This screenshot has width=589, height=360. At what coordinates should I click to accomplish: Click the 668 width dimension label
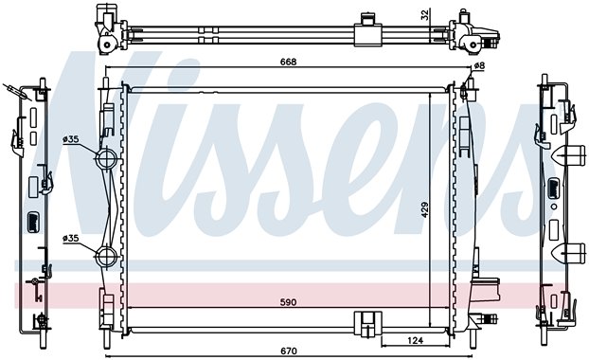[x=288, y=62]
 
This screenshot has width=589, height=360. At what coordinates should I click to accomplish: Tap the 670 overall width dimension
[x=288, y=351]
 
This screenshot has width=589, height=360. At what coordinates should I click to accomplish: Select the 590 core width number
[x=288, y=302]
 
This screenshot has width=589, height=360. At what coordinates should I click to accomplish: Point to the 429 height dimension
[x=424, y=210]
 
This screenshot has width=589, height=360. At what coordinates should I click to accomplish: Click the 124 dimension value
[x=415, y=340]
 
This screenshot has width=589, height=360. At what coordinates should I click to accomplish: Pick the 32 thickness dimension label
[x=424, y=15]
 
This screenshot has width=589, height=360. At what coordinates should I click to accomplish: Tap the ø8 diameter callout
[x=479, y=65]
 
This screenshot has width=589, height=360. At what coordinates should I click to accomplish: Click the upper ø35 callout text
[x=71, y=139]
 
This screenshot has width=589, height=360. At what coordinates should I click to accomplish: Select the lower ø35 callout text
[x=71, y=238]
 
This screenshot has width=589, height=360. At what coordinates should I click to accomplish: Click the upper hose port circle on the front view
[x=106, y=158]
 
